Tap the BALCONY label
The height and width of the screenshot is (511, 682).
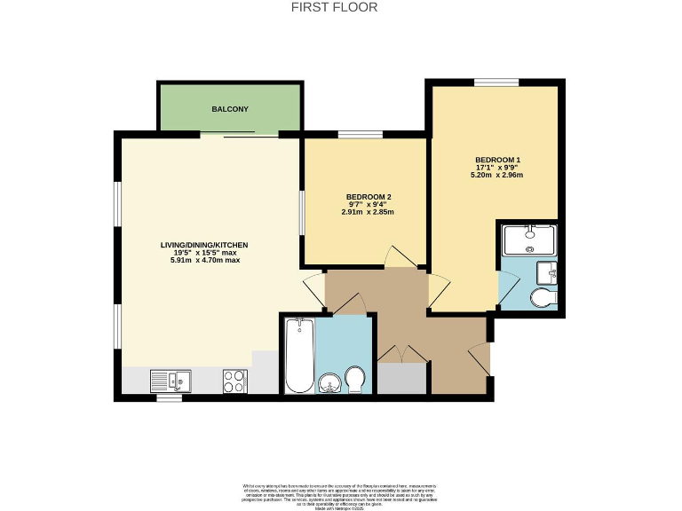229,109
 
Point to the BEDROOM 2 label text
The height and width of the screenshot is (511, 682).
368,196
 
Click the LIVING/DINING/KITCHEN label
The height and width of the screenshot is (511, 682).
203,245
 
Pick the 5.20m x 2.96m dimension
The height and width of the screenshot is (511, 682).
496,176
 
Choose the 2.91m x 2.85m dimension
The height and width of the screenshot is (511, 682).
368,213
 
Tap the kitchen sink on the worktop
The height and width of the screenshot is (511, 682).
170,381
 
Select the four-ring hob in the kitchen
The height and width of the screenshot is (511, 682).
234,381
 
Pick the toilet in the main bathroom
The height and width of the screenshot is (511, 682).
355,380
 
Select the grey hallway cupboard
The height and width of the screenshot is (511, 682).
402,379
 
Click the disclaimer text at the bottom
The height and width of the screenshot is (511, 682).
340,495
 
